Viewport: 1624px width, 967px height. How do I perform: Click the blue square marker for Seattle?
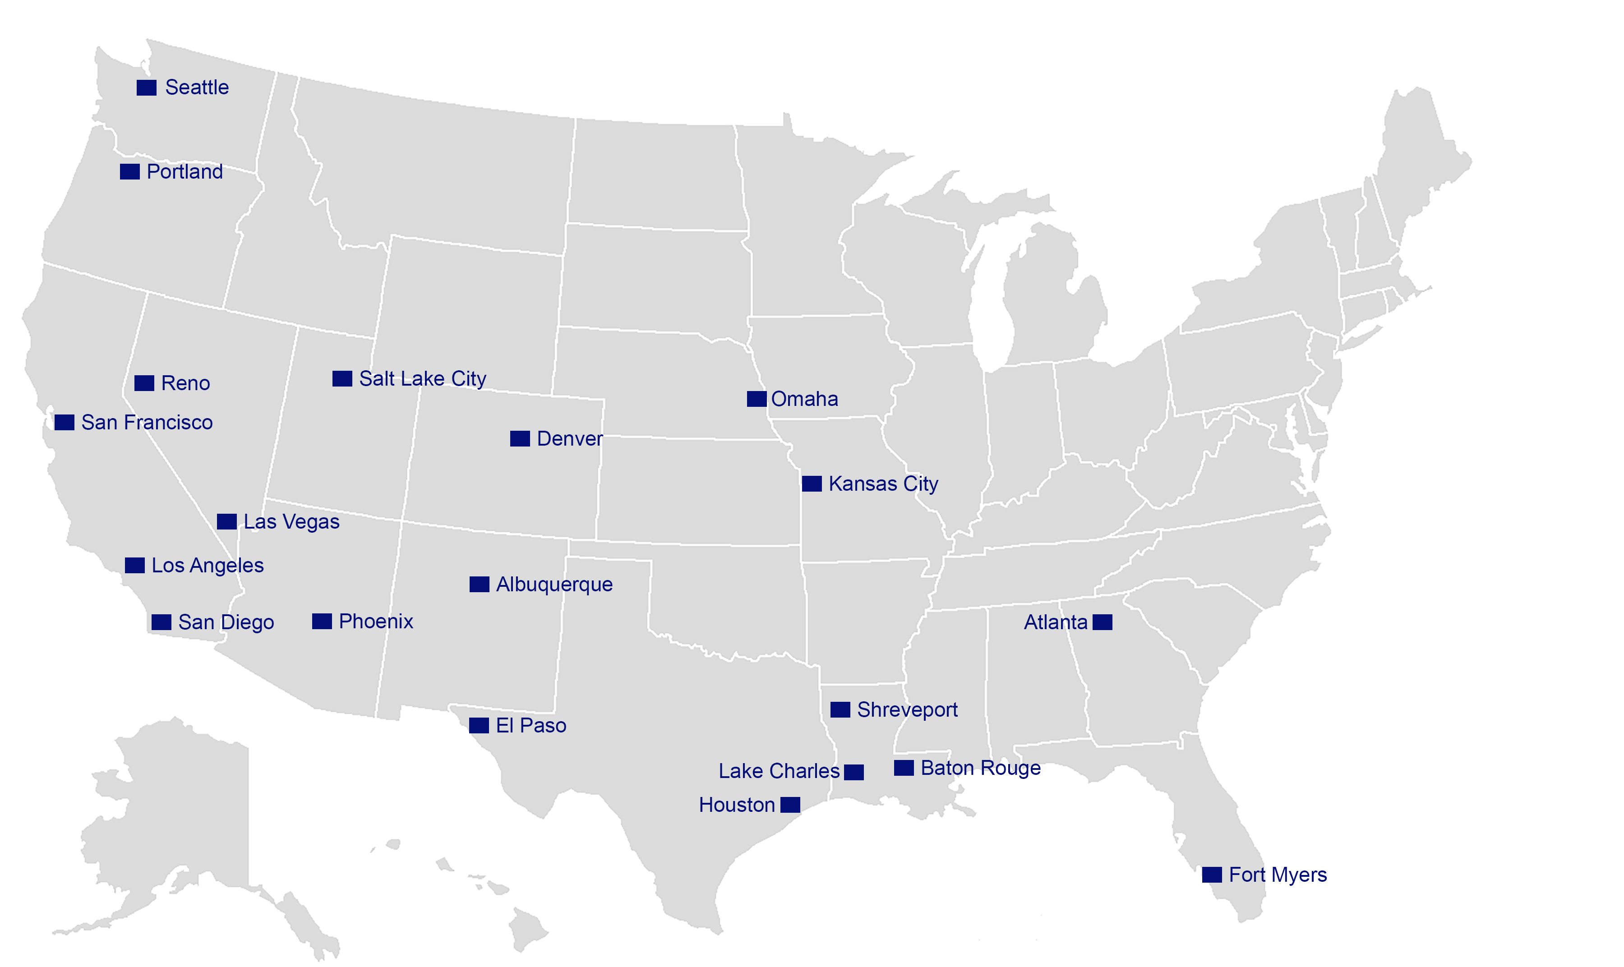pos(147,87)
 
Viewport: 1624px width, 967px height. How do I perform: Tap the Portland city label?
pos(185,172)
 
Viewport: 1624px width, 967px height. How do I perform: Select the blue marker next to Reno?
pos(144,383)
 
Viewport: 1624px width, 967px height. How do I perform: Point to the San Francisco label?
pos(147,422)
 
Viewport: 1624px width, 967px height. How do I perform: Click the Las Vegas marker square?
pos(227,521)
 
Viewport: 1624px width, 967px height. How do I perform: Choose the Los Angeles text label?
pos(207,565)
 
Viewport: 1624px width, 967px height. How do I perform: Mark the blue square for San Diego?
pos(161,622)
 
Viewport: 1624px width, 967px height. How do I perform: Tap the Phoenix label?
pos(376,621)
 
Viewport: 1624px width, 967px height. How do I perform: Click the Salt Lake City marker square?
pos(342,378)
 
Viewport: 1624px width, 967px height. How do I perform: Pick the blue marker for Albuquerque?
pos(480,584)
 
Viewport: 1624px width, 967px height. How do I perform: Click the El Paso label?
pos(531,725)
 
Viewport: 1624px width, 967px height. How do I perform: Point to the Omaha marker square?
pos(757,399)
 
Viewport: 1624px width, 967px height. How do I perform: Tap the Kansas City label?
pos(883,483)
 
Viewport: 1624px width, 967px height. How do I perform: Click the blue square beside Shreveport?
pos(840,709)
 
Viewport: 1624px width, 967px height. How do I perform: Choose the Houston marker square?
pos(790,805)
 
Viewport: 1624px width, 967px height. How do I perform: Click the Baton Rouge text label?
pos(980,768)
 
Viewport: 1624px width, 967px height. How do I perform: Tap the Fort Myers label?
pos(1277,875)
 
